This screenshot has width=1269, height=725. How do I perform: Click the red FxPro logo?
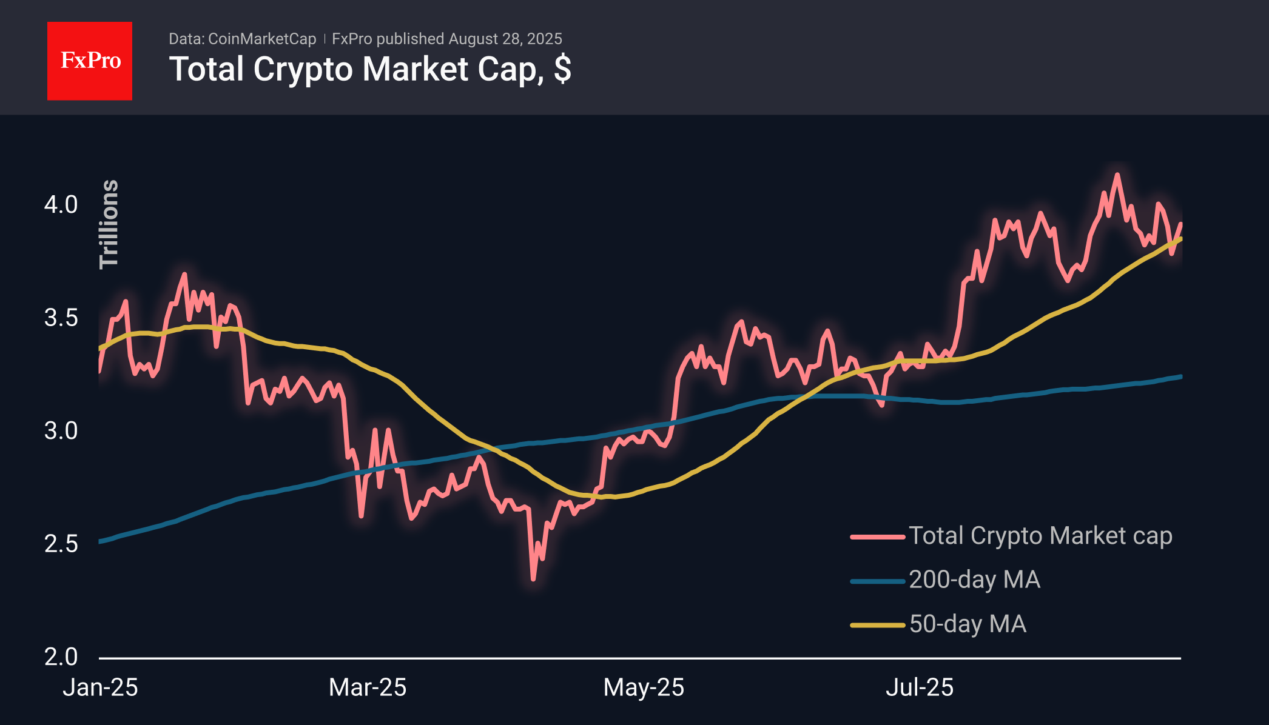pyautogui.click(x=90, y=61)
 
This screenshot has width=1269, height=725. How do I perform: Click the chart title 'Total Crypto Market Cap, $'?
pyautogui.click(x=370, y=70)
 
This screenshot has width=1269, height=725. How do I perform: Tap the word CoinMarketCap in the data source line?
pyautogui.click(x=262, y=39)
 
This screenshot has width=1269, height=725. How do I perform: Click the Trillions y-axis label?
pyautogui.click(x=109, y=224)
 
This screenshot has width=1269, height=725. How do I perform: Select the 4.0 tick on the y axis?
pyautogui.click(x=61, y=205)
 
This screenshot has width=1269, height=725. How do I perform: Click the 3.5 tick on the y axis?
pyautogui.click(x=61, y=318)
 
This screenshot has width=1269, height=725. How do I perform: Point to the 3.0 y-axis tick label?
pyautogui.click(x=61, y=431)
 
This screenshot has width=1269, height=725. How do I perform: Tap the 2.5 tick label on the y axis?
pyautogui.click(x=61, y=544)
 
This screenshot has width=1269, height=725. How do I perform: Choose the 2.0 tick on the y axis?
pyautogui.click(x=61, y=657)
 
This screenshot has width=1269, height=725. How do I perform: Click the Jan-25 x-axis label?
pyautogui.click(x=101, y=687)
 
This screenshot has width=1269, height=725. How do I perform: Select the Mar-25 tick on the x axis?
pyautogui.click(x=368, y=687)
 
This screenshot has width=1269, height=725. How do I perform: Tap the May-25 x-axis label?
pyautogui.click(x=644, y=687)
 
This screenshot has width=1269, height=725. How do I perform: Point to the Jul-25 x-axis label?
pyautogui.click(x=920, y=687)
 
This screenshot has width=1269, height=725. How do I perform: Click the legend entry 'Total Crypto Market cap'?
pyautogui.click(x=1011, y=536)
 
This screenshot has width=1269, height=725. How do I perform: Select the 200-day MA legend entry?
pyautogui.click(x=945, y=580)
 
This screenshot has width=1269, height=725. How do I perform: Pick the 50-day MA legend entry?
pyautogui.click(x=938, y=624)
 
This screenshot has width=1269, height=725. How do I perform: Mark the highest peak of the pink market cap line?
pyautogui.click(x=1117, y=175)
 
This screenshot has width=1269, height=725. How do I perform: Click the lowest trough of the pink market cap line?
pyautogui.click(x=533, y=580)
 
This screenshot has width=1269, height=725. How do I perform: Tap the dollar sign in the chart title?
pyautogui.click(x=563, y=69)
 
